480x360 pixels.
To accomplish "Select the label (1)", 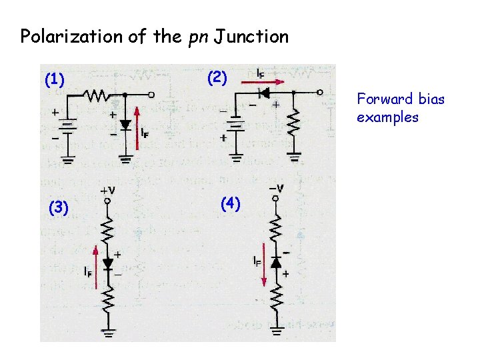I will click(54, 81).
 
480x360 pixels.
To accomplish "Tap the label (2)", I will click(217, 77).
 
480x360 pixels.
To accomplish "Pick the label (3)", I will click(59, 208).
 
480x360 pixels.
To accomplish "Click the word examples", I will click(387, 117).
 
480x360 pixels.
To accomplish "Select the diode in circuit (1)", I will click(125, 125).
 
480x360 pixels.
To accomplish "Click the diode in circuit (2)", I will click(265, 93).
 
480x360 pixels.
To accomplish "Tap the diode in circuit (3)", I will click(107, 264).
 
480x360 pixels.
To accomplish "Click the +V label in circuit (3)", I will click(108, 191).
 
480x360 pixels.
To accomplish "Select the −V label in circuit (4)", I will click(275, 189).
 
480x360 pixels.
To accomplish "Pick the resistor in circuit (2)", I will click(293, 123).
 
